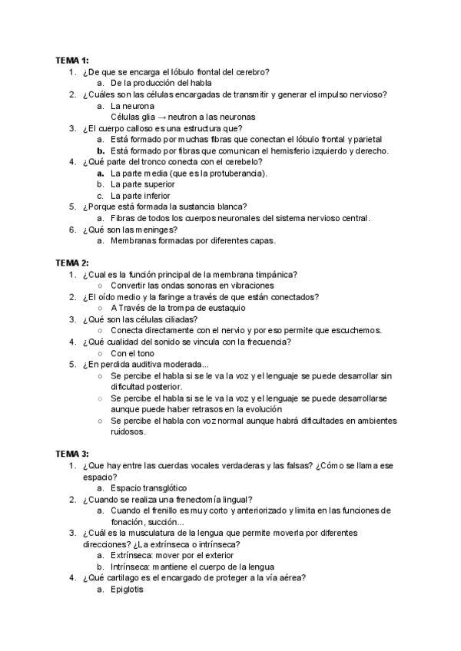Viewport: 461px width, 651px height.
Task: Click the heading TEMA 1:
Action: [71, 60]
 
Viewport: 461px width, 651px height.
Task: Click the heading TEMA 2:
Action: [71, 263]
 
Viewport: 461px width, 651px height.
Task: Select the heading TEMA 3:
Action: [71, 454]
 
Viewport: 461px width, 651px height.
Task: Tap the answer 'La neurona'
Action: [132, 105]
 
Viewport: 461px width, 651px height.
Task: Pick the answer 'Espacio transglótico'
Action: [148, 488]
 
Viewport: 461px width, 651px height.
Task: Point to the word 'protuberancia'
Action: [231, 173]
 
